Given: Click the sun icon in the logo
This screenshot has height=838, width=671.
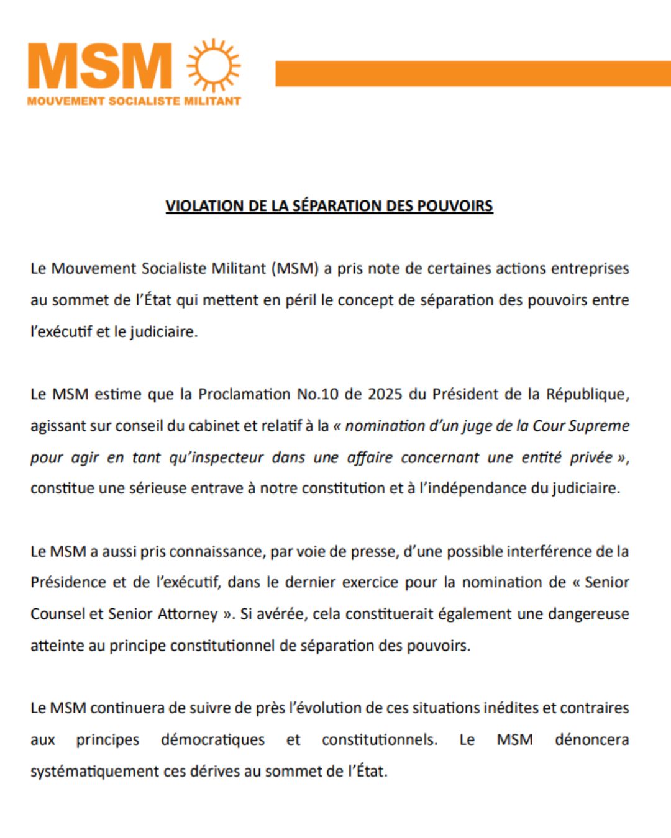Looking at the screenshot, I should tap(214, 65).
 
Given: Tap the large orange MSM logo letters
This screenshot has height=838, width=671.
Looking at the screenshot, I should tap(100, 66).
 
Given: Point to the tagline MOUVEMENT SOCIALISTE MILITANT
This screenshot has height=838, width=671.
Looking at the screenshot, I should tap(134, 101).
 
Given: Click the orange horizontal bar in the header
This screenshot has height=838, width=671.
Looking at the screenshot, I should tap(472, 73).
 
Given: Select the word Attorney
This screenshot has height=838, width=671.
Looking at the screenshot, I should tap(187, 614).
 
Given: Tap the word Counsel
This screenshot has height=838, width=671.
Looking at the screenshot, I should tap(58, 614).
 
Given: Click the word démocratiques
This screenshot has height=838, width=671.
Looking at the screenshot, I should tap(212, 740).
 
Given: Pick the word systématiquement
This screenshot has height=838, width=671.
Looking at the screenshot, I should tap(95, 772).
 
